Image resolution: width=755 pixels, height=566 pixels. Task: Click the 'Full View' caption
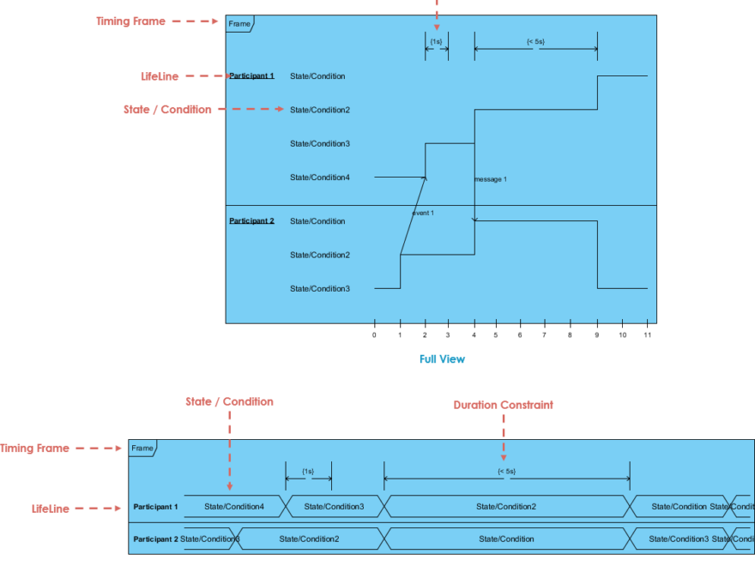(x=442, y=359)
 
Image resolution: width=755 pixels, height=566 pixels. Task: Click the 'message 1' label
(x=491, y=179)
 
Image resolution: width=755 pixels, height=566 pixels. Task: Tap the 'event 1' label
(x=423, y=213)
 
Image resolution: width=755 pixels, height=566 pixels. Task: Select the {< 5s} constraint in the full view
(x=535, y=41)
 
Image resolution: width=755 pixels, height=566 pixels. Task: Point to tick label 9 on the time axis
(x=597, y=334)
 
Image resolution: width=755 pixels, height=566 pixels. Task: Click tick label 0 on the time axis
(x=374, y=334)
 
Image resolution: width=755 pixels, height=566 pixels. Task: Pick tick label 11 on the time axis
(x=648, y=334)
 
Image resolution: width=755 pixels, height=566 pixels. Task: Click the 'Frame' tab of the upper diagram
(x=239, y=24)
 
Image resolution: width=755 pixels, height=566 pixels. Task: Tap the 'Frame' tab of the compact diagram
(x=142, y=449)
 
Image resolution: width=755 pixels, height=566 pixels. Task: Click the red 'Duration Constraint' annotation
(x=503, y=405)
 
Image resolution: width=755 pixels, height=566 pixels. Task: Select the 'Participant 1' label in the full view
(x=251, y=76)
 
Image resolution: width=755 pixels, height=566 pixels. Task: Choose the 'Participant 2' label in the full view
(x=251, y=221)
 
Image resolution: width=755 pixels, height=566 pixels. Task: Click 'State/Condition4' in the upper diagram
(x=320, y=178)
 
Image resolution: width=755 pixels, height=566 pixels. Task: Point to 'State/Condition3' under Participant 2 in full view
(x=320, y=289)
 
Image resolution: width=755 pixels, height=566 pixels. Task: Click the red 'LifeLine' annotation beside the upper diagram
(x=160, y=76)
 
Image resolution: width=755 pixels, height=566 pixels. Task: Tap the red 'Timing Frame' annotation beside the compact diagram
(x=34, y=449)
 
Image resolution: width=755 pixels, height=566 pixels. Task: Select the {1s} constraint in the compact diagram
(x=308, y=471)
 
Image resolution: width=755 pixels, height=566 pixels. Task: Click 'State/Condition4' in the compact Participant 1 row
(x=234, y=507)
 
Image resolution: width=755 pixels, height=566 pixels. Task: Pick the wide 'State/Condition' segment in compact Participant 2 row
(x=506, y=539)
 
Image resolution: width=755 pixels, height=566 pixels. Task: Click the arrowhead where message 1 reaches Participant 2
(x=474, y=220)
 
